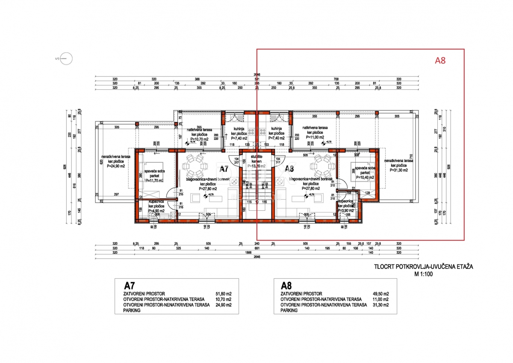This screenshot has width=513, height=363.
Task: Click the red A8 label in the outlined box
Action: pyautogui.click(x=440, y=61)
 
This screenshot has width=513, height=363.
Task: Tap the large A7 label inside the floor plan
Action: pyautogui.click(x=224, y=169)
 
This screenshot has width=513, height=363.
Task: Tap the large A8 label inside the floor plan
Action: pyautogui.click(x=290, y=169)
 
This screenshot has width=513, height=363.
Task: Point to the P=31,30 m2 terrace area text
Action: pyautogui.click(x=398, y=170)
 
